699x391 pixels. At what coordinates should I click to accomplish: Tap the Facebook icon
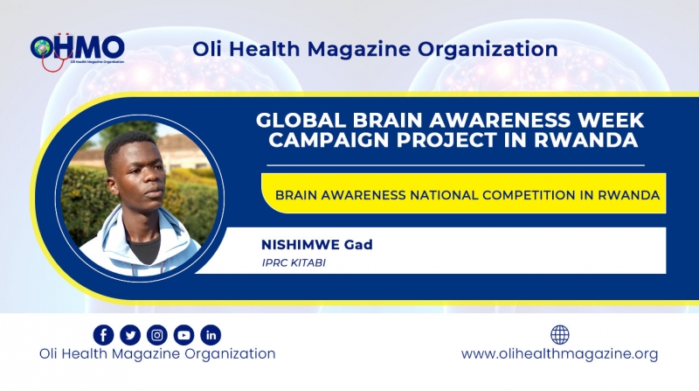pyautogui.click(x=103, y=335)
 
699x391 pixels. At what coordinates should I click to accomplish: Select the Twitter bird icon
pyautogui.click(x=130, y=335)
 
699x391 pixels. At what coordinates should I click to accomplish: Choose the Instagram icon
pyautogui.click(x=157, y=335)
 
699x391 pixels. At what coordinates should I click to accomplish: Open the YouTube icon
pyautogui.click(x=183, y=335)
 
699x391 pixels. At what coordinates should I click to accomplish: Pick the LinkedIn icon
pyautogui.click(x=211, y=335)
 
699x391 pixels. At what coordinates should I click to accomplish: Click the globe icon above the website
pyautogui.click(x=560, y=334)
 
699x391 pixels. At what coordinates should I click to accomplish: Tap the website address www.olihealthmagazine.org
pyautogui.click(x=559, y=354)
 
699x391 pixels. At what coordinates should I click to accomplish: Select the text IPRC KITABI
pyautogui.click(x=294, y=263)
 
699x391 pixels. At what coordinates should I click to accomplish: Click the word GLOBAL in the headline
pyautogui.click(x=301, y=120)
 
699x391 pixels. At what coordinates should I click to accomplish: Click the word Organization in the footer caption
pyautogui.click(x=230, y=354)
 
